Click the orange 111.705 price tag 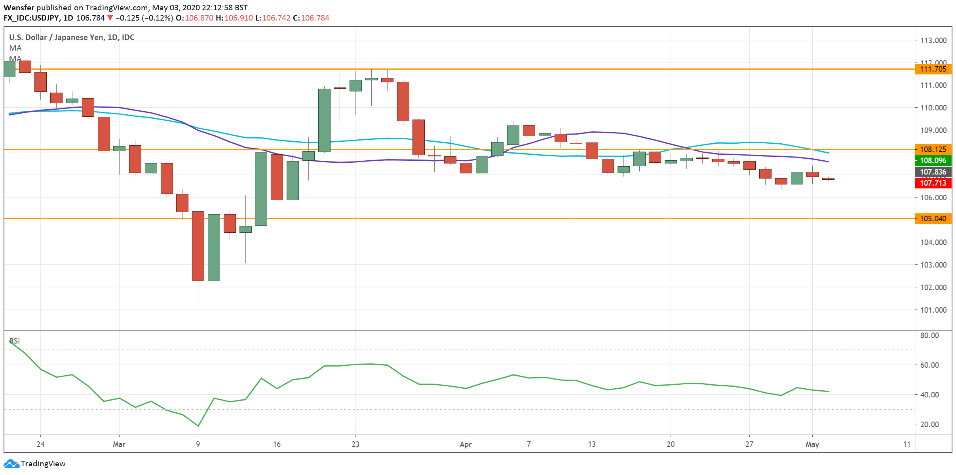click(x=933, y=69)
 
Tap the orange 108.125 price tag click(x=933, y=149)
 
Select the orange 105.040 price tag click(x=933, y=218)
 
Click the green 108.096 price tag click(x=933, y=160)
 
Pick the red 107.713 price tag click(x=933, y=183)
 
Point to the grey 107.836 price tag click(x=933, y=172)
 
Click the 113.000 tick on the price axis click(x=933, y=40)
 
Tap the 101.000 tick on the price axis click(x=933, y=310)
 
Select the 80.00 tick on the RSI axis click(x=929, y=335)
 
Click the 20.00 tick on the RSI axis click(x=929, y=424)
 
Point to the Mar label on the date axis click(x=119, y=444)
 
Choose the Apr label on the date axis click(x=466, y=444)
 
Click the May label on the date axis click(x=812, y=444)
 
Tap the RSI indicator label click(x=15, y=341)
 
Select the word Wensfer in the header click(x=19, y=8)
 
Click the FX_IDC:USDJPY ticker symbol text click(x=32, y=18)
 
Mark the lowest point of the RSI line click(x=198, y=426)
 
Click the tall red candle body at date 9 click(x=198, y=246)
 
